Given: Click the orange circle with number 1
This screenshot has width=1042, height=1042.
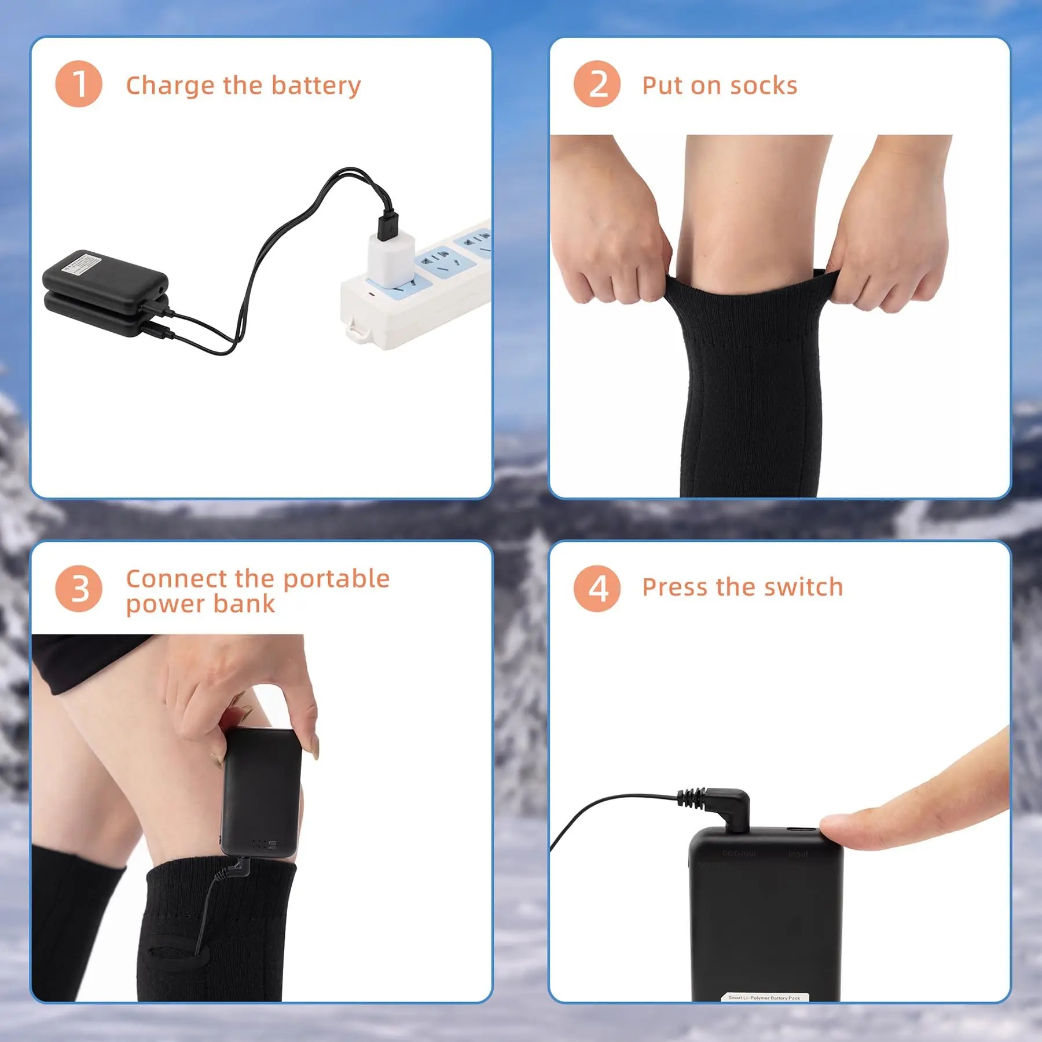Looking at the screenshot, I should (79, 84).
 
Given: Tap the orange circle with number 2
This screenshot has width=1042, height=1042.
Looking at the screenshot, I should (597, 84).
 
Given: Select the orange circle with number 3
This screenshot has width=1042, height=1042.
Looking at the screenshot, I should (79, 589).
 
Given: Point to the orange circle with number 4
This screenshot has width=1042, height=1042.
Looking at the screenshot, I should (597, 589).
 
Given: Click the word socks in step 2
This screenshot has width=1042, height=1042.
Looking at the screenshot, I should (764, 86).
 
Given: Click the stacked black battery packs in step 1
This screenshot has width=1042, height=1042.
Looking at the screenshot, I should (105, 292).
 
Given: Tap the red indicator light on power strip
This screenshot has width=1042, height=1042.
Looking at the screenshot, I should (372, 295).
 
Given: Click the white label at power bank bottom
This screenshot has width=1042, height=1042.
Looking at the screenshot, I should (764, 997).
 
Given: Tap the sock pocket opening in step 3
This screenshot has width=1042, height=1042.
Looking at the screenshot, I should (174, 952).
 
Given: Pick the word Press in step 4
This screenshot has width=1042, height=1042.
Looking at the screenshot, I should (675, 587).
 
